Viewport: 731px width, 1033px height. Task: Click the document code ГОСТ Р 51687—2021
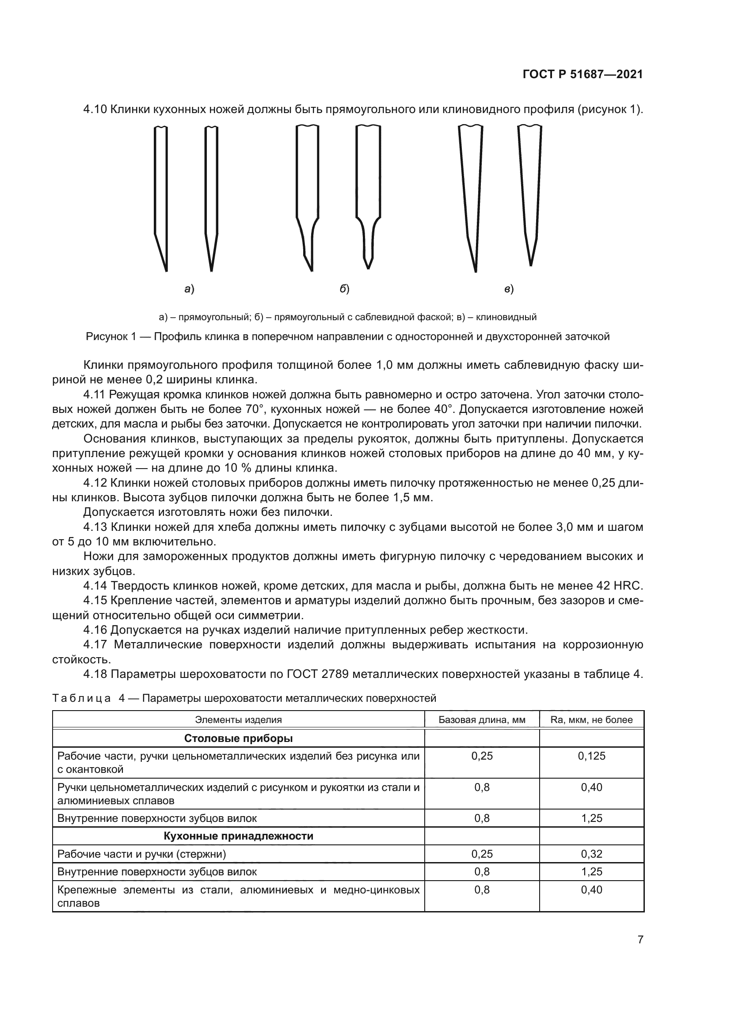pos(583,75)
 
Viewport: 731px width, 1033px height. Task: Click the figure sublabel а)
pos(189,289)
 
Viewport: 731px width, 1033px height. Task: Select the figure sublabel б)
pos(344,289)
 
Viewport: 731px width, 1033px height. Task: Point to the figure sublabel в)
pos(509,289)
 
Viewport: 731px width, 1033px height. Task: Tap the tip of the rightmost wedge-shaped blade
pos(531,265)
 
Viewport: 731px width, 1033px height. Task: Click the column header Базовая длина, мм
pos(482,720)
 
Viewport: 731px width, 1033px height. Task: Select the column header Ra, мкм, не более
pos(591,720)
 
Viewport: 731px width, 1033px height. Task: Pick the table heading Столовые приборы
pos(239,738)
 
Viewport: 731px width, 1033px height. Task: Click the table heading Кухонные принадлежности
pos(239,836)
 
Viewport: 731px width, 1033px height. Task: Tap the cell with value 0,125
pos(591,756)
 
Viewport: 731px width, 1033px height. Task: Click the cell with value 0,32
pos(591,854)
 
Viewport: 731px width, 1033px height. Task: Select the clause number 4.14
pos(95,586)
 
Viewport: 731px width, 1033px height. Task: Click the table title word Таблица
pos(81,698)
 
